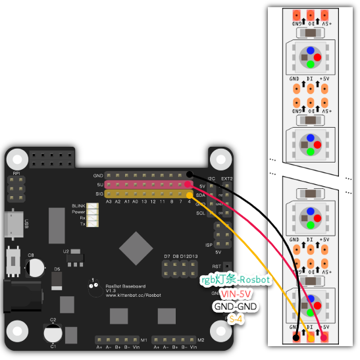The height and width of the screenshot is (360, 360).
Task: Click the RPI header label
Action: (x=16, y=173)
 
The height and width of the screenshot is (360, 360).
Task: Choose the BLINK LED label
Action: (x=78, y=206)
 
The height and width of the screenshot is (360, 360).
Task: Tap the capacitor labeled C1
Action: (x=53, y=334)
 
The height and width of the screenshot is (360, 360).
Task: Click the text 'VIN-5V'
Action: (x=236, y=293)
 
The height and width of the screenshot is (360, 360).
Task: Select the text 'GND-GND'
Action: (x=235, y=306)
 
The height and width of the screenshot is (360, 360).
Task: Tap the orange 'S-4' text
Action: (x=236, y=319)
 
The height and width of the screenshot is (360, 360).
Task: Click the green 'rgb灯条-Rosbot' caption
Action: (x=235, y=280)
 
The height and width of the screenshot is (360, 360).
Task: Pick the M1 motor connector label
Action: (x=145, y=340)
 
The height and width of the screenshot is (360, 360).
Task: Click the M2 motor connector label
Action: (x=201, y=340)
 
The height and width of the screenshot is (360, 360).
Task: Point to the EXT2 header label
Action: (x=227, y=178)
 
